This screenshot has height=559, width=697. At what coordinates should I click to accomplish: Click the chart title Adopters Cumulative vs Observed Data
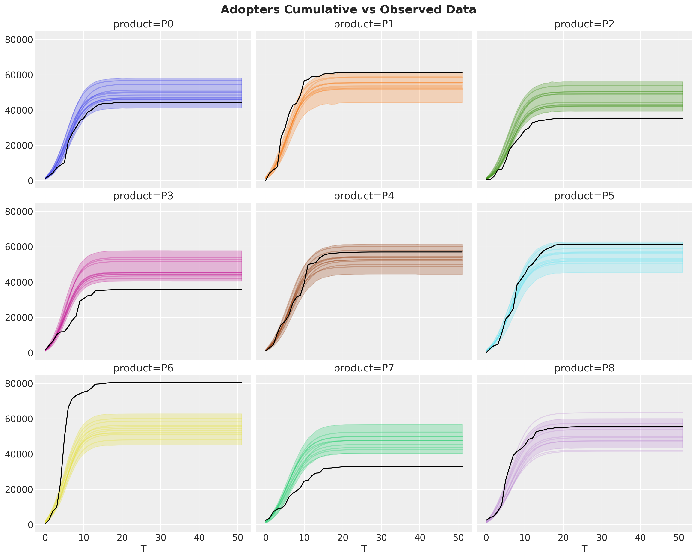348,10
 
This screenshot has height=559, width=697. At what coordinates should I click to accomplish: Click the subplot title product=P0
143,24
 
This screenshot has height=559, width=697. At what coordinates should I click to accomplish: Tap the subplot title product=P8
584,368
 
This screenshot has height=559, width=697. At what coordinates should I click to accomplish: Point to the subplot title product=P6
143,368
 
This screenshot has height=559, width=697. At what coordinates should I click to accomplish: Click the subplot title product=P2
584,24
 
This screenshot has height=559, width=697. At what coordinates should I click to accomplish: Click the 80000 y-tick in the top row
19,40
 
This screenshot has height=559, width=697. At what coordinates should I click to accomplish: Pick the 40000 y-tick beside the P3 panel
19,282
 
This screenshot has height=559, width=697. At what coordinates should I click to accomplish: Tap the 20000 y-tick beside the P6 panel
19,490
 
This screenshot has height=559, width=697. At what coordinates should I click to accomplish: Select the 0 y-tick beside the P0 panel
30,181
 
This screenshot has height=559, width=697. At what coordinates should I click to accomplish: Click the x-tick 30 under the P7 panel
381,538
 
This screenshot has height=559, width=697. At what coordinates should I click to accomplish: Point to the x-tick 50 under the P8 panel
679,538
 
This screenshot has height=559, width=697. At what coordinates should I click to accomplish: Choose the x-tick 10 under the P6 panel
84,538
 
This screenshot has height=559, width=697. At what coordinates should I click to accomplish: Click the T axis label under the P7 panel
364,549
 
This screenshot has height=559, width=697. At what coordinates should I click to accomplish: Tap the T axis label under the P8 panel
584,549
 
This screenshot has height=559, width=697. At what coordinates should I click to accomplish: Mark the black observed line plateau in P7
404,466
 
